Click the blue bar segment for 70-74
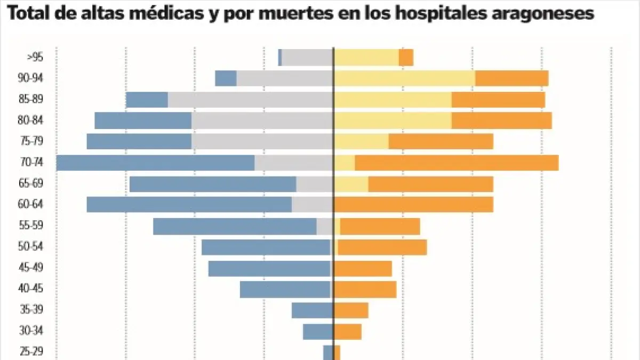tap(155, 163)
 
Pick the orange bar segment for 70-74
tap(457, 163)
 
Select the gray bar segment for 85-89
tap(251, 100)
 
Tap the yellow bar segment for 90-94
tap(404, 78)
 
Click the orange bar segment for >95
tap(406, 57)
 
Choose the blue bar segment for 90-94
tap(226, 78)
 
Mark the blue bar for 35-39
tap(313, 310)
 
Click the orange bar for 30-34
tap(348, 332)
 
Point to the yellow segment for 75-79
tap(361, 141)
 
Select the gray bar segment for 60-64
tap(313, 205)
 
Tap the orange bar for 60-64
tap(413, 205)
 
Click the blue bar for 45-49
tap(269, 268)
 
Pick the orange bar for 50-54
tap(382, 247)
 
